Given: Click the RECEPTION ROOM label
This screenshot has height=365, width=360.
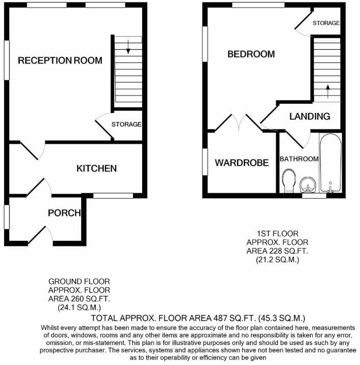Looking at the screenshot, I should pos(60,60).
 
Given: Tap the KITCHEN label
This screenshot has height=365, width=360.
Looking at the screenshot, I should pos(97,168).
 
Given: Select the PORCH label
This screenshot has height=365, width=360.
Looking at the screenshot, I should pos(64,213).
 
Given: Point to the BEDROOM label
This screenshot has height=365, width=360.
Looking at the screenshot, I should pos(251,54).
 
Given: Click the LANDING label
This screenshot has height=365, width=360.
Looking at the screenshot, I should pos(309,117).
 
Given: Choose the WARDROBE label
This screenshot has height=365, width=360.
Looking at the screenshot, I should pos(241,163).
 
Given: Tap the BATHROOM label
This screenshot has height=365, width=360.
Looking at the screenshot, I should pos(299,159).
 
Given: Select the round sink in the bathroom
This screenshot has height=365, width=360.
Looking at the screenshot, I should pos(307,183).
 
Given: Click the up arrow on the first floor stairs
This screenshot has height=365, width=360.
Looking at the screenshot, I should pos(327,93).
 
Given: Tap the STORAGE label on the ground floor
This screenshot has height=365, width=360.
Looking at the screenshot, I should pos(126,124).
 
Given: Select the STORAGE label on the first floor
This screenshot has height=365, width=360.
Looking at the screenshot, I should pos(326,24).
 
